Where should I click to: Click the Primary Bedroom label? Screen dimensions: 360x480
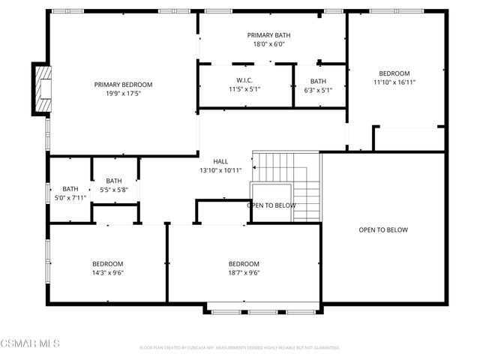click(x=123, y=84)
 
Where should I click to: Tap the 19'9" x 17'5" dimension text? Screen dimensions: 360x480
click(x=123, y=93)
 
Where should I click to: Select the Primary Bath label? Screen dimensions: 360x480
click(x=268, y=35)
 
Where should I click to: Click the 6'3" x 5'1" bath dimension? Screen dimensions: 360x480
click(x=318, y=89)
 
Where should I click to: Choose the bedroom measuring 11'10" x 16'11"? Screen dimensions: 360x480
click(x=394, y=78)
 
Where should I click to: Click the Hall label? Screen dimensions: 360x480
click(x=220, y=161)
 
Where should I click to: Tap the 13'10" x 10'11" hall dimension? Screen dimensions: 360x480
click(x=220, y=170)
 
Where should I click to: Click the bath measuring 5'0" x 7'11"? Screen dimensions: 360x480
click(x=70, y=193)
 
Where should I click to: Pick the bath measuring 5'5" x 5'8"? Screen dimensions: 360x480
click(x=114, y=185)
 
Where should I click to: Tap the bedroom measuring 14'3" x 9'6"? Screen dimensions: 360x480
click(x=107, y=268)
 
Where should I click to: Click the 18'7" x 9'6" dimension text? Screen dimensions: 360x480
click(x=244, y=273)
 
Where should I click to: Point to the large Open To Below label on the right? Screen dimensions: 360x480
click(x=382, y=229)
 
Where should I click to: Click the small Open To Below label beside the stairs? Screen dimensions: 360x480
click(x=270, y=205)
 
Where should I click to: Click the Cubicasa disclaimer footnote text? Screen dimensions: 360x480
click(x=240, y=348)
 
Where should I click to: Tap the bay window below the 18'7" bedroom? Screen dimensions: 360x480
click(x=262, y=309)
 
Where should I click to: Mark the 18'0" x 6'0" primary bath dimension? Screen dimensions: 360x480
click(x=268, y=44)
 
